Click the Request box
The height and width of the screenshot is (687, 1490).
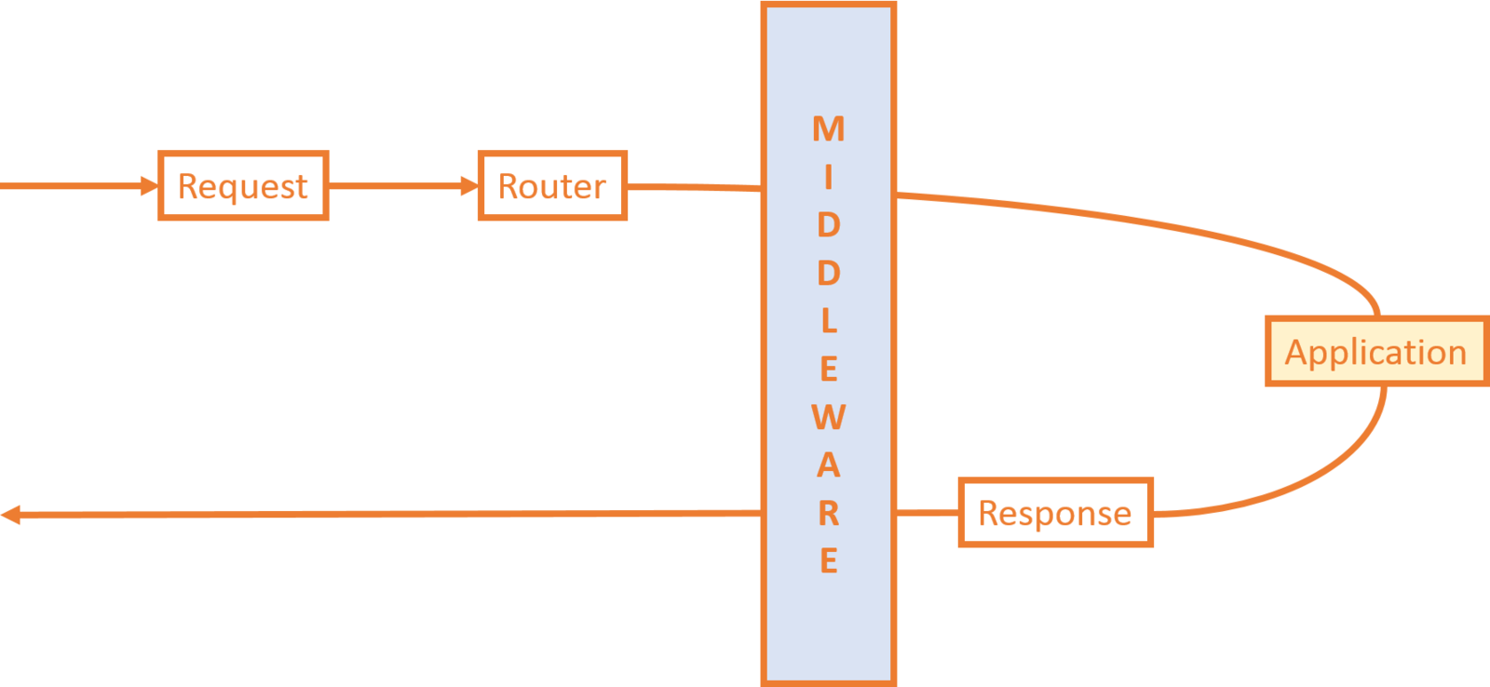click(x=243, y=186)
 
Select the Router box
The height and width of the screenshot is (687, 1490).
click(x=552, y=186)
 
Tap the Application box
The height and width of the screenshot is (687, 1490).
click(x=1375, y=352)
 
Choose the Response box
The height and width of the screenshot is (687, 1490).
click(x=1055, y=513)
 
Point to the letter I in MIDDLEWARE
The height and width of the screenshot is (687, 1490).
click(x=829, y=177)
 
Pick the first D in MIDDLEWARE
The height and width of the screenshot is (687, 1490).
click(x=829, y=225)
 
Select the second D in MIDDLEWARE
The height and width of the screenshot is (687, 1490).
click(x=829, y=274)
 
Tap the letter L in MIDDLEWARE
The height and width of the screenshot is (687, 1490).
click(x=829, y=321)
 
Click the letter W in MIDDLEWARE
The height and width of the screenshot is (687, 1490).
click(x=829, y=417)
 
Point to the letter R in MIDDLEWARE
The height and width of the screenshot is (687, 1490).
click(x=829, y=513)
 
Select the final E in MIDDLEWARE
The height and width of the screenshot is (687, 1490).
click(x=829, y=560)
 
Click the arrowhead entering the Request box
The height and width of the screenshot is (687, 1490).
click(x=149, y=186)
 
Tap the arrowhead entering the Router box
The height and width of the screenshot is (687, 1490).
click(x=468, y=186)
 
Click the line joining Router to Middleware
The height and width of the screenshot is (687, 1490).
click(x=695, y=187)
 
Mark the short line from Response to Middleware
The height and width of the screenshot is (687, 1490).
click(x=927, y=513)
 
